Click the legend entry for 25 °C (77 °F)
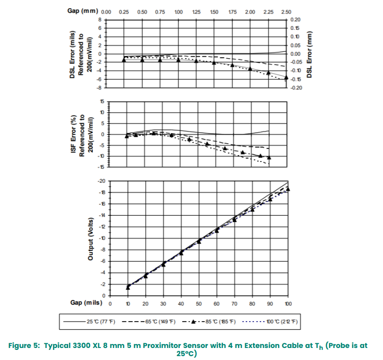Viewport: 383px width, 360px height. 96,321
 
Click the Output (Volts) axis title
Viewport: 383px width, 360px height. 90,239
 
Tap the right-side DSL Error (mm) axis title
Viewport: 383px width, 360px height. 309,53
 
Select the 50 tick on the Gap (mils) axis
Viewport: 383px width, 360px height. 199,304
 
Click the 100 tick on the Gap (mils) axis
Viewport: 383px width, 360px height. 288,304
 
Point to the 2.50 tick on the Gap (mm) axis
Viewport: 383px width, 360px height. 286,12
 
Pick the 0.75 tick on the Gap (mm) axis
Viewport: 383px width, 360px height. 160,12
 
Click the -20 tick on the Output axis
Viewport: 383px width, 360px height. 101,181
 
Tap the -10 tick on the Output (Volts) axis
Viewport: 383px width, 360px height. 101,238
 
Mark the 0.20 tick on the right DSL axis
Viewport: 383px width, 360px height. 296,20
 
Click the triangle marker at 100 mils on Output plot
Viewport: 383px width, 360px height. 288,189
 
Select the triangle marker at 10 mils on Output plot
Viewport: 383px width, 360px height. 128,287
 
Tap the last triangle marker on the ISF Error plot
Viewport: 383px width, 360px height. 269,157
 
